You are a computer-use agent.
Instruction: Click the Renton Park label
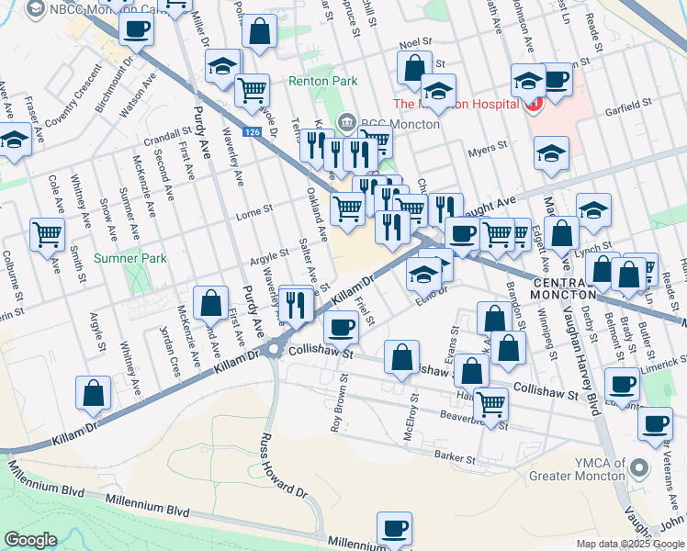click(322, 82)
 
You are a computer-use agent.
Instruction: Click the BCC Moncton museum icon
click(347, 121)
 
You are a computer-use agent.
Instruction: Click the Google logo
click(30, 539)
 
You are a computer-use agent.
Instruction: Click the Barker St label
click(457, 457)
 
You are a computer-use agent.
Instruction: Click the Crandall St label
click(167, 140)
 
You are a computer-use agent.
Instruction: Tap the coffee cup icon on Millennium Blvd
click(395, 529)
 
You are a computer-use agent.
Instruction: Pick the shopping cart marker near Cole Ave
click(48, 233)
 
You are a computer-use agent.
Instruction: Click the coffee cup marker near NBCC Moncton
click(136, 28)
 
